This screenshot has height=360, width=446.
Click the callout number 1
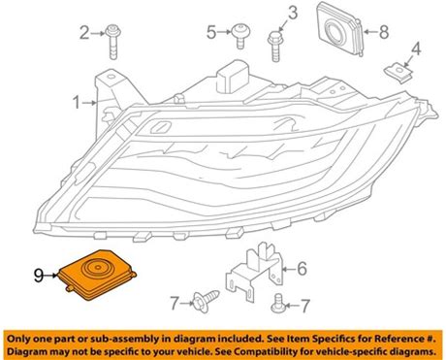pyautogui.click(x=77, y=103)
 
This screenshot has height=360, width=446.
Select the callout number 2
pyautogui.click(x=84, y=33)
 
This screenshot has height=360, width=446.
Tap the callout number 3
pyautogui.click(x=293, y=13)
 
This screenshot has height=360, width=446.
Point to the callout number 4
pyautogui.click(x=416, y=49)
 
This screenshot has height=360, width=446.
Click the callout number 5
pyautogui.click(x=211, y=32)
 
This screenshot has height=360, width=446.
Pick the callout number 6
pyautogui.click(x=302, y=269)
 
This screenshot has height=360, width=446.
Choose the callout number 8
pyautogui.click(x=384, y=32)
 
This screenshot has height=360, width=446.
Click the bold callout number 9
pyautogui.click(x=39, y=276)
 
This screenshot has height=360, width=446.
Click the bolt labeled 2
pyautogui.click(x=112, y=42)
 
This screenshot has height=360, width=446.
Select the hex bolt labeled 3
pyautogui.click(x=274, y=47)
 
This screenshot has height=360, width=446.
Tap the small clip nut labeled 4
pyautogui.click(x=399, y=74)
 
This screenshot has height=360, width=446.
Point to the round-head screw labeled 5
pyautogui.click(x=240, y=36)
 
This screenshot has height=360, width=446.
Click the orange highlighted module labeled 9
pyautogui.click(x=97, y=275)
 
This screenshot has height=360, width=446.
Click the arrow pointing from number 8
pyautogui.click(x=371, y=32)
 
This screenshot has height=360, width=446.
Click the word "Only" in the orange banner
pyautogui.click(x=19, y=339)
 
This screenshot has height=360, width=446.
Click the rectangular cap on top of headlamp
pyautogui.click(x=234, y=76)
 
